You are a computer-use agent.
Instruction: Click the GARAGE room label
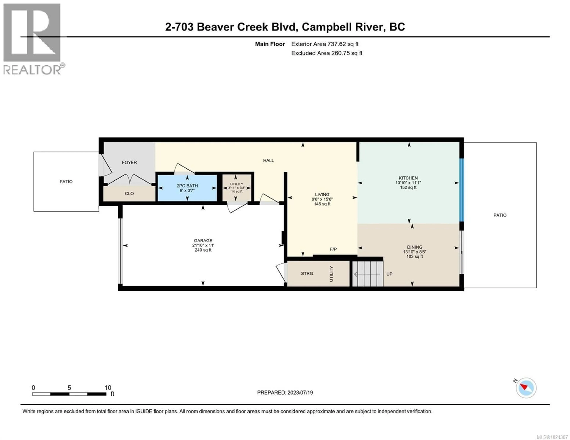click(203, 241)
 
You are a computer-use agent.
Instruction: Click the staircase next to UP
click(368, 274)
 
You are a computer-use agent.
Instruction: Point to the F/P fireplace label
click(333, 249)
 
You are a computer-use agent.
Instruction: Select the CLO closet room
click(129, 194)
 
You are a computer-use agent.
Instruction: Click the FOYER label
click(129, 163)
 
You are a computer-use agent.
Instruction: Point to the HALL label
click(268, 161)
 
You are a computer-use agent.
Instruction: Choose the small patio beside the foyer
click(66, 182)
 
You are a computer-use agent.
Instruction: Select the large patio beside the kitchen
click(500, 215)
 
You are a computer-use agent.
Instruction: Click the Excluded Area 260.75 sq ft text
click(327, 53)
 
